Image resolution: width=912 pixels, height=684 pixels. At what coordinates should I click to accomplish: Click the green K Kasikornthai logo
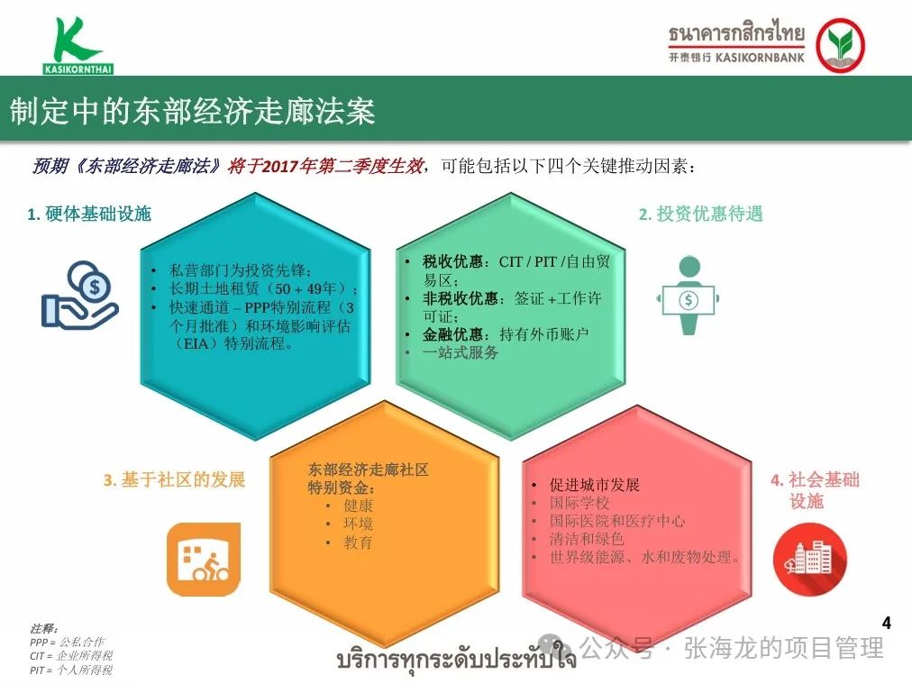coord(78,45)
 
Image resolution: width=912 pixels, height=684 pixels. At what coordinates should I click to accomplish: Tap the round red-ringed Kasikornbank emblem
coord(840,45)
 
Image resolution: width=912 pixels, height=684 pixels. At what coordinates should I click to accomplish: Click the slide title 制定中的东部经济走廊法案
coord(193,111)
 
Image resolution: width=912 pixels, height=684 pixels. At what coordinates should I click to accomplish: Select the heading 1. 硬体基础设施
coord(89,214)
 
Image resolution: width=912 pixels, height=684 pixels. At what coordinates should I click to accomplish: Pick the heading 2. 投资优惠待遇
coord(701,214)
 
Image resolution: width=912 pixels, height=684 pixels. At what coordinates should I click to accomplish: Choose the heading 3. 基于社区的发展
coord(175,479)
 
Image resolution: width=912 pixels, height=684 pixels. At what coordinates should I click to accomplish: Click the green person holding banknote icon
coord(689,296)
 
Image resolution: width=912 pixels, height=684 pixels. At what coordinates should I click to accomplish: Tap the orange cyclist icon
coord(204,559)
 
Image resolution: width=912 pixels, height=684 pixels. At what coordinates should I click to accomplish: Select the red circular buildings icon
coord(809,559)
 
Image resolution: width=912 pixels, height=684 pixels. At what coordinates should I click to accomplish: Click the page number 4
coord(887,623)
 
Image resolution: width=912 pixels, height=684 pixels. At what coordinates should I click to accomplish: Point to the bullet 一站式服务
coord(461,352)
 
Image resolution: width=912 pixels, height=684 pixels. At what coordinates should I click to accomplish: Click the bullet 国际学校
coord(579,503)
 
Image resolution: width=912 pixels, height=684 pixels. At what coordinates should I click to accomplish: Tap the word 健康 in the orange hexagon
coord(358,506)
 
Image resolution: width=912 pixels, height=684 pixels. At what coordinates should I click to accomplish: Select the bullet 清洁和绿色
coord(587,539)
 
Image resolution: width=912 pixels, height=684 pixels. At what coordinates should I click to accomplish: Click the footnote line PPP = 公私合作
coord(68,643)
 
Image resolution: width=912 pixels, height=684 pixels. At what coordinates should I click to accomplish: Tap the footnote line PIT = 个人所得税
coord(71,670)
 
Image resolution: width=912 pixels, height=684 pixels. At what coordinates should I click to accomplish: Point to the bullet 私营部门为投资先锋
coord(240,270)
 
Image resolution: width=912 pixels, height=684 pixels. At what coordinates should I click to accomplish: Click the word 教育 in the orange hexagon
coord(358,543)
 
